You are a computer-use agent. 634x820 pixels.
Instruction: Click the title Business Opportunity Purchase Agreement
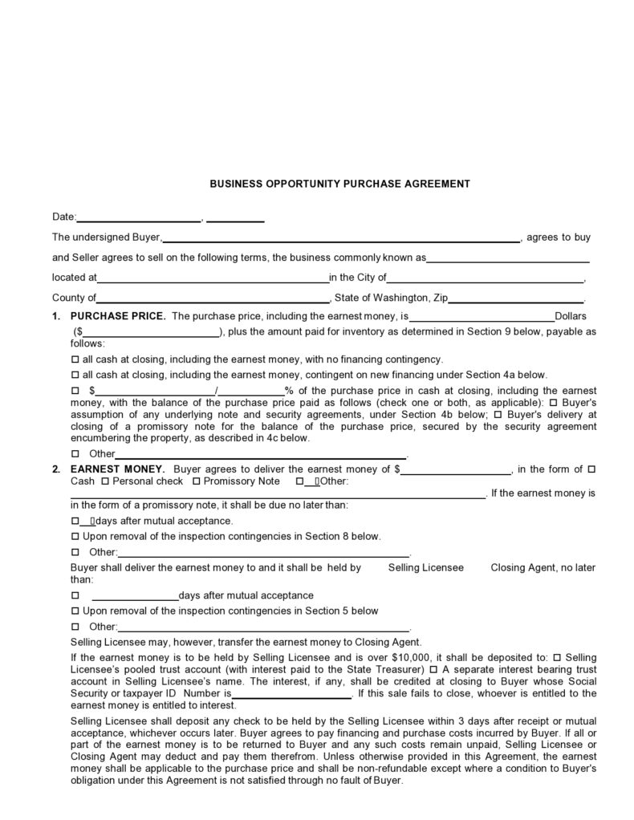339,184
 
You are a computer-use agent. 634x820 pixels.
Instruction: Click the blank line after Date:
139,217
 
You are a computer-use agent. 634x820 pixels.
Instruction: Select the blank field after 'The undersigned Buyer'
340,237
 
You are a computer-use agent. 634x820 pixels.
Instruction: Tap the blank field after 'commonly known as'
508,259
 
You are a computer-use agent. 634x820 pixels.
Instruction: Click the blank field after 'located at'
213,278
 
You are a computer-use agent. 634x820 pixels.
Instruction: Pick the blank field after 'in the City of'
486,278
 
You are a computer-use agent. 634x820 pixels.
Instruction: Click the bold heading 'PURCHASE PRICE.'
119,317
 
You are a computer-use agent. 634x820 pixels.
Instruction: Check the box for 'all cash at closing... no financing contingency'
75,359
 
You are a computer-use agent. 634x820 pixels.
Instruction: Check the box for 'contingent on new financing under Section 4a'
75,375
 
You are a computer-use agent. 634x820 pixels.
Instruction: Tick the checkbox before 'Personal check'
105,481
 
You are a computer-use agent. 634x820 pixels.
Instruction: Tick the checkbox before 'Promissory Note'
196,481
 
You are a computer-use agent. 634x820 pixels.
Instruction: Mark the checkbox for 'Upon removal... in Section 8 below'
75,536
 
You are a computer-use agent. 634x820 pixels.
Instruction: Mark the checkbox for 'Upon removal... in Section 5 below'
75,611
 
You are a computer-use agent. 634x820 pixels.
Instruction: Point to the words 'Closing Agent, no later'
543,567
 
